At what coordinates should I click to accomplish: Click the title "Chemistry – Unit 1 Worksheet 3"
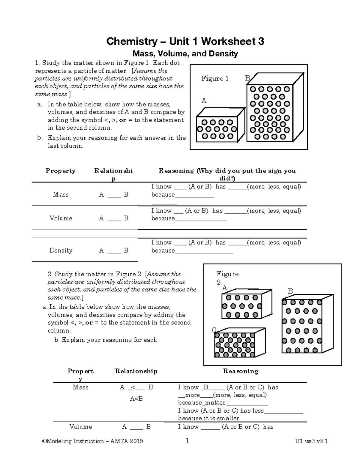185,41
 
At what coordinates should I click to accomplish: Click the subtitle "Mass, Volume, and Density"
185,54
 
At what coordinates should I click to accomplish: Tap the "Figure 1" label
215,79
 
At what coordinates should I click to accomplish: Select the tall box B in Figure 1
270,113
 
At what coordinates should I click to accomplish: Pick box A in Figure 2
241,306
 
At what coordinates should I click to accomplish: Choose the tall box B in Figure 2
302,326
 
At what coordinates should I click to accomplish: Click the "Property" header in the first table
60,171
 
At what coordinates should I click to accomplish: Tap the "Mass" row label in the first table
61,195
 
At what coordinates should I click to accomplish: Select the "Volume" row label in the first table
61,218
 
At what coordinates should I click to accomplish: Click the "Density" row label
61,251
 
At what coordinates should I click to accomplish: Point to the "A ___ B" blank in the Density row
114,251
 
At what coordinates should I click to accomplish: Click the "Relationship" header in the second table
136,371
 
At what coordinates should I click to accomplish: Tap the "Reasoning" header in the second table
241,371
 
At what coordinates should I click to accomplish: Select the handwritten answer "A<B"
136,399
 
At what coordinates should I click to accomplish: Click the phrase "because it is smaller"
208,419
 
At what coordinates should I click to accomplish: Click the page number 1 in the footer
187,441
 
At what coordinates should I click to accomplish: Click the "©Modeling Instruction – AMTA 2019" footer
93,441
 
